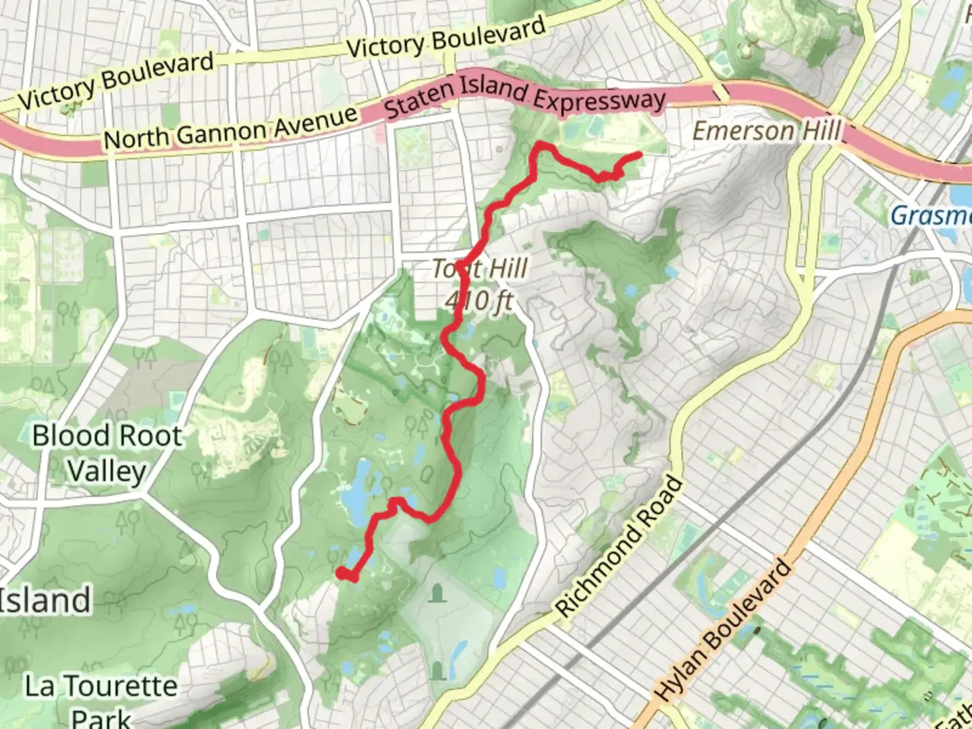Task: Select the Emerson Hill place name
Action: tap(767, 130)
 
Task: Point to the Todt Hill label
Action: tap(480, 269)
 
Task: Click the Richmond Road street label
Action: tap(620, 547)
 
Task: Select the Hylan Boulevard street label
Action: tap(723, 630)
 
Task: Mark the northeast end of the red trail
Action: tap(639, 155)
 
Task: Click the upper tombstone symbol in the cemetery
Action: tap(439, 594)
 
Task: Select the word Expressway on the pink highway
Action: tap(599, 100)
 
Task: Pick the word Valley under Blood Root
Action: tap(107, 470)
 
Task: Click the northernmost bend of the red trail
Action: tap(540, 144)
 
